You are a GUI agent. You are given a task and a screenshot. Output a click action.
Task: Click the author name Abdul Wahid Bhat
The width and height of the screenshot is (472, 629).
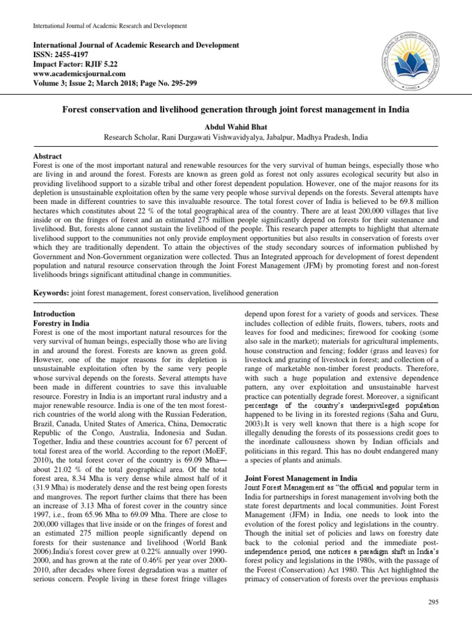[x=236, y=127]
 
